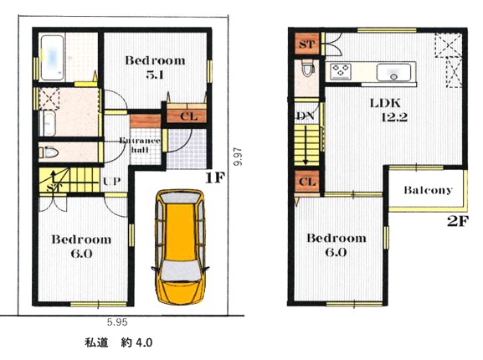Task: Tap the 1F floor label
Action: (x=215, y=177)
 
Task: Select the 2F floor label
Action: (x=458, y=221)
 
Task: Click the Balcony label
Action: (x=428, y=190)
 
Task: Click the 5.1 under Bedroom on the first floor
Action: (x=155, y=75)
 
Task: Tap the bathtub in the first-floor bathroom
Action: (x=53, y=58)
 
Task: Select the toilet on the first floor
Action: (x=49, y=152)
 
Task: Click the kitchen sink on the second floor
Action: (x=393, y=72)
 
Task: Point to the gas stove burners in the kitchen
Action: (x=341, y=71)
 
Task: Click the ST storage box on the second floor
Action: (x=307, y=44)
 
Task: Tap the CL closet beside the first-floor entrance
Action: (x=187, y=116)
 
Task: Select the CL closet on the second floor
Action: (x=307, y=182)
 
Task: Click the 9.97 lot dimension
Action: (x=238, y=157)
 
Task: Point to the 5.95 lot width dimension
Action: (x=117, y=322)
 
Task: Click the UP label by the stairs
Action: (x=112, y=182)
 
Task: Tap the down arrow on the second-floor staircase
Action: (x=306, y=145)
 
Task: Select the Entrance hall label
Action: (x=140, y=145)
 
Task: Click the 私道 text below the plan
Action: (x=96, y=342)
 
